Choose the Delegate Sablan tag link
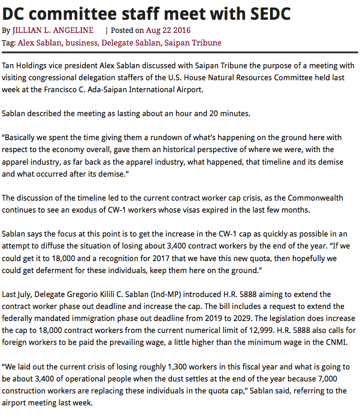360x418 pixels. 126,43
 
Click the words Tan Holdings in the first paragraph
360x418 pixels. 26,65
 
